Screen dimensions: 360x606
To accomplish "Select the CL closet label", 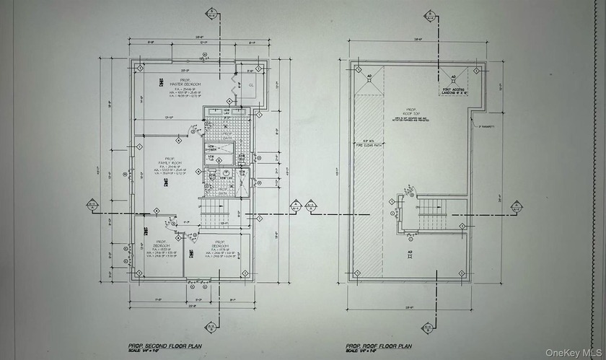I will [x=252, y=85].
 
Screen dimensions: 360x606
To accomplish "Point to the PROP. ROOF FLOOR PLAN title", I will [x=379, y=346].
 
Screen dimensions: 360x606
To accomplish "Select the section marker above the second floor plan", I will [x=214, y=14].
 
